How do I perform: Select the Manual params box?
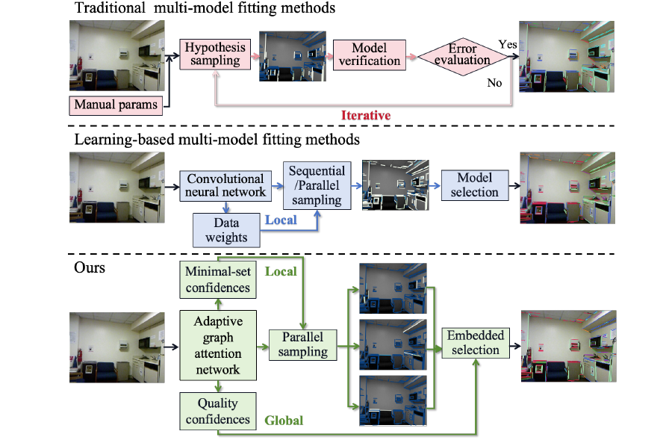[x=116, y=104]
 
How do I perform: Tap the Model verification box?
[x=369, y=55]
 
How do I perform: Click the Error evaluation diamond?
[x=462, y=55]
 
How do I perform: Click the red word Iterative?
[x=366, y=115]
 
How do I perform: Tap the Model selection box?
[x=474, y=185]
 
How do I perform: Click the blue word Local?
[x=281, y=220]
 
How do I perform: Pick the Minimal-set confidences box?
[x=217, y=279]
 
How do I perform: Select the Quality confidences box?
[x=217, y=411]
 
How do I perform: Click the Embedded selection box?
[x=475, y=343]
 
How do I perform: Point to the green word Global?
[x=284, y=421]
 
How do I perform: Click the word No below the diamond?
[x=494, y=83]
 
